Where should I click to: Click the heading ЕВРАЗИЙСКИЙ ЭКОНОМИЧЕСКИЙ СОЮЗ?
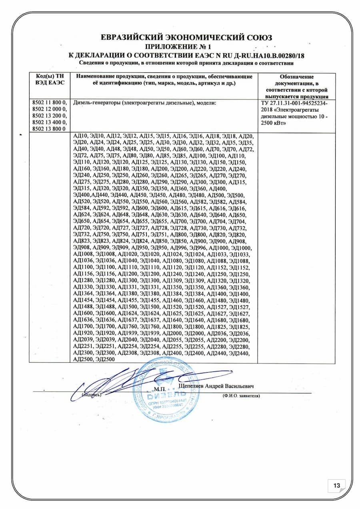[186, 38]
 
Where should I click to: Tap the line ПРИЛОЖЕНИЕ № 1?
[186, 46]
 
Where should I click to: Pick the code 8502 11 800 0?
[49, 103]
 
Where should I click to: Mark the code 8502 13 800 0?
[49, 128]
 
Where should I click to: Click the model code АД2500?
[83, 359]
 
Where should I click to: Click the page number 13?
[337, 485]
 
